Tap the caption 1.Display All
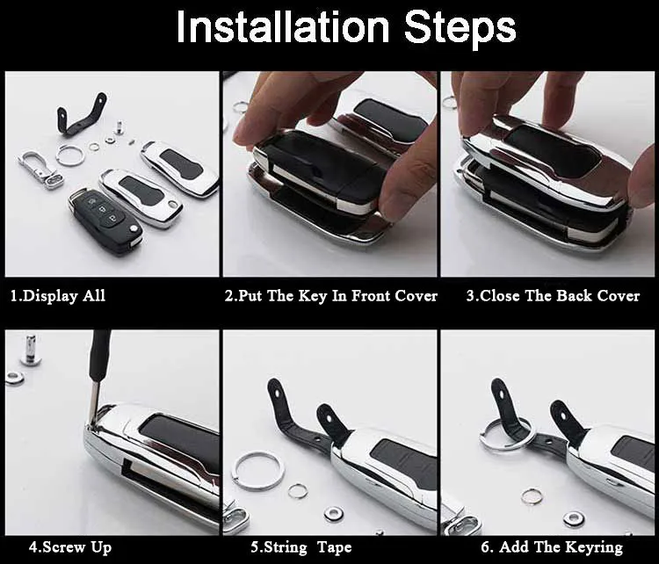coord(58,296)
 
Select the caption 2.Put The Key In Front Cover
coord(331,296)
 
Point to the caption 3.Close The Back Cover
coord(553,296)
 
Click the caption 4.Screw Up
coord(70,547)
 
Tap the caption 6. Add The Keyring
coord(552,547)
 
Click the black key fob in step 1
coord(104,219)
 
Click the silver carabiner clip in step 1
coord(38,166)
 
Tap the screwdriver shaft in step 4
coord(98,369)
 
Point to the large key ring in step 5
coord(258,469)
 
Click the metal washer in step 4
coord(15,378)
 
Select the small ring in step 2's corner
coord(241,107)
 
